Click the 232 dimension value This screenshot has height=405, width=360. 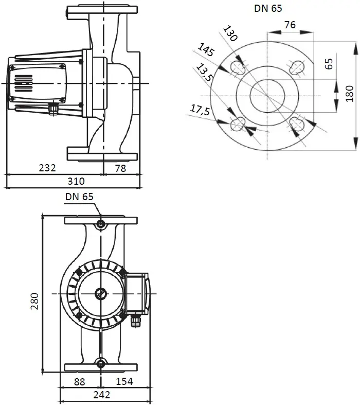47,168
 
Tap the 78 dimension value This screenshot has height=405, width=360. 120,168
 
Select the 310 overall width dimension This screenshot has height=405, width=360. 76,181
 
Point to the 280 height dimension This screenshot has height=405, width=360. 34,301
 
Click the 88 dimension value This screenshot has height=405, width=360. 79,382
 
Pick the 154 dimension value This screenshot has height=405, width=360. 124,381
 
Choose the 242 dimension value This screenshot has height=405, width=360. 102,395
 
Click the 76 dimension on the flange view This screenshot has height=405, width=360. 290,25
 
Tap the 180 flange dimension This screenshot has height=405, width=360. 349,94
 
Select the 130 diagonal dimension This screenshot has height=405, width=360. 230,33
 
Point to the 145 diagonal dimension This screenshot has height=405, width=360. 206,49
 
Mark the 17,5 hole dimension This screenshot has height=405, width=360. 200,110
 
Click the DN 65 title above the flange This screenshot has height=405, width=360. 268,8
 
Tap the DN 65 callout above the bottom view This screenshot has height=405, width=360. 79,197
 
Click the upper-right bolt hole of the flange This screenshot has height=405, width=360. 298,67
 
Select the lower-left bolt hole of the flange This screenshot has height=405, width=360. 238,125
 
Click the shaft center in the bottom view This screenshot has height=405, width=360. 101,294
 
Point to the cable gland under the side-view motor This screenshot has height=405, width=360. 53,109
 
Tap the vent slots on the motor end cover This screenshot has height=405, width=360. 23,84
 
